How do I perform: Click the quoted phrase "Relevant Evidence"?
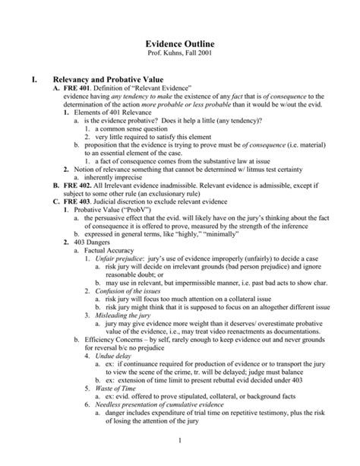[163, 88]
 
